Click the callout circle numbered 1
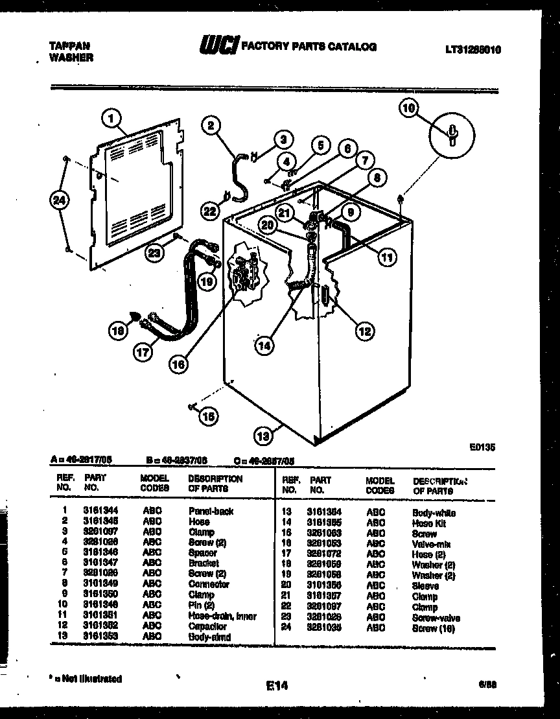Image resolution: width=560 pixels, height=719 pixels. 112,118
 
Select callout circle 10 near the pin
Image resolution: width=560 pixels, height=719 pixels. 409,109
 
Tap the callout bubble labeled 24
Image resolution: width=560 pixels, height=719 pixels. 59,201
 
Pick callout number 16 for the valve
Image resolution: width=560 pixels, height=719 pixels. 177,364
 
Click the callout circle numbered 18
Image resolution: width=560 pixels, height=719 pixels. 117,331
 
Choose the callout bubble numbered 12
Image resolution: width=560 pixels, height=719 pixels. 364,331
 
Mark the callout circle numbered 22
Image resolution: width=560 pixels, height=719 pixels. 209,211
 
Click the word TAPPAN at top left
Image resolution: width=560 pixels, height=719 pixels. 69,46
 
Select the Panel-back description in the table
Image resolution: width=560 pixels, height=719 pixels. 211,511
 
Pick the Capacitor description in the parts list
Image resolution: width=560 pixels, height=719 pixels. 207,626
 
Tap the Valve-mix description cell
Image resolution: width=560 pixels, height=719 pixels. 431,544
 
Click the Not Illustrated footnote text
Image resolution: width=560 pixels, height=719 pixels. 87,679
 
